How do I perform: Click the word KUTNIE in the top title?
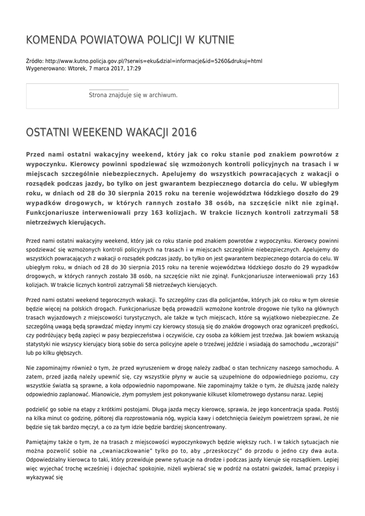tap(215, 40)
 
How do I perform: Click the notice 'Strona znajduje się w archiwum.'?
tap(133, 95)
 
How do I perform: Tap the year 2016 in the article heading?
tap(184, 133)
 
